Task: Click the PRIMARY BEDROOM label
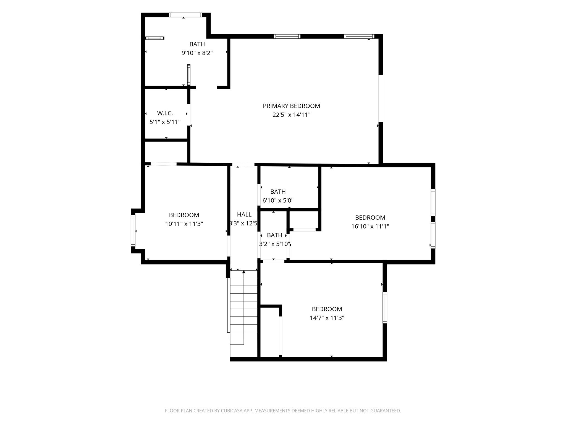[291, 106]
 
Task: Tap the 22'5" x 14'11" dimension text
[291, 115]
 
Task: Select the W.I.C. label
[165, 113]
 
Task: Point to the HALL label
[244, 214]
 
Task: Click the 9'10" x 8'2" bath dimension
[197, 53]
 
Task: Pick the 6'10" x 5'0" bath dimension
[278, 200]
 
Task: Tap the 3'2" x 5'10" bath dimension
[275, 244]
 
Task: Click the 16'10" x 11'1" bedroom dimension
[370, 226]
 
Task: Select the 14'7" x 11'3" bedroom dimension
[327, 318]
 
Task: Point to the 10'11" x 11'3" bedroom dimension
[184, 224]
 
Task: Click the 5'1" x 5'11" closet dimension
[165, 122]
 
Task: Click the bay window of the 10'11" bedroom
[133, 231]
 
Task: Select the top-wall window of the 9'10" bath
[186, 15]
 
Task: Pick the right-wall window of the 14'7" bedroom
[385, 307]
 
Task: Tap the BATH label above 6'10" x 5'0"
[278, 191]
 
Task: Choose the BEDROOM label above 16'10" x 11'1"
[370, 217]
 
